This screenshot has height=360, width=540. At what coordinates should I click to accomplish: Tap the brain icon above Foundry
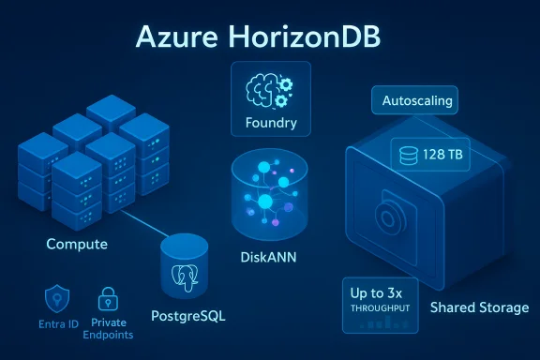[x=269, y=91]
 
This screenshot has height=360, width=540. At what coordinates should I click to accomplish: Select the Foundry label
[x=270, y=123]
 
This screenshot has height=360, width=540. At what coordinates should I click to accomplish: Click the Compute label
[x=77, y=245]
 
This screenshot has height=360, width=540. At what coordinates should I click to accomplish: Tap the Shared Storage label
[x=478, y=307]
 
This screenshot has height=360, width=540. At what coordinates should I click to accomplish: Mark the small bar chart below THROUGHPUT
[x=383, y=322]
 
